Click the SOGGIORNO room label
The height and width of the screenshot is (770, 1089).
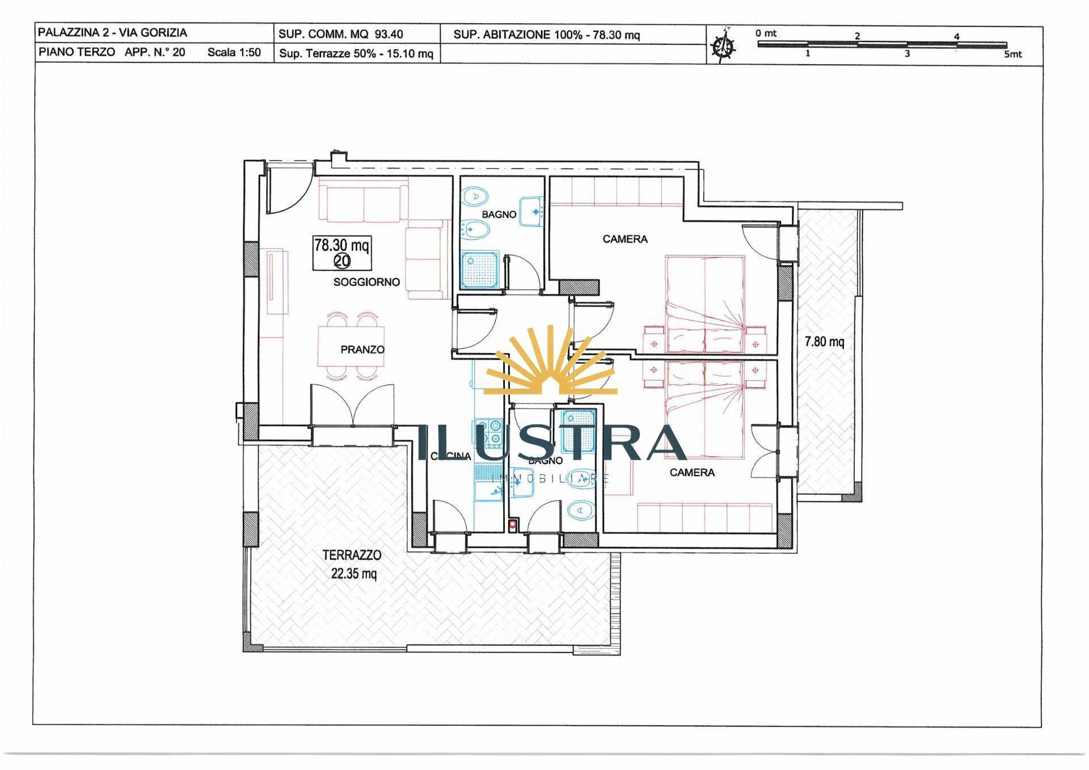pos(366,282)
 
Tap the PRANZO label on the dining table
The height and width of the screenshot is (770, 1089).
pos(362,350)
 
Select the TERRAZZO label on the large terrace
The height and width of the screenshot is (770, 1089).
pos(352,555)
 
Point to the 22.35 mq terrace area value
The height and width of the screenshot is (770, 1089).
pos(353,574)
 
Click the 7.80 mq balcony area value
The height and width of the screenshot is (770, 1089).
pos(824,342)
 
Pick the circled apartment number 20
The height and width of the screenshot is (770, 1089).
pos(342,260)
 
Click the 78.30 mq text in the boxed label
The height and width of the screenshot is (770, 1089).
pos(341,245)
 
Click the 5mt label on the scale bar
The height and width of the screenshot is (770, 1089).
pos(1012,54)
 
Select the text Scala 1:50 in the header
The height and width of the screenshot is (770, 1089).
pos(234,52)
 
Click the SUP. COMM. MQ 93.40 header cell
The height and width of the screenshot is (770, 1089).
pos(340,34)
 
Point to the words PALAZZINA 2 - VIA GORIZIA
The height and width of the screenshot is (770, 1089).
pos(112,32)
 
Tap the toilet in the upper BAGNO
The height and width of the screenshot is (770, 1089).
pos(475,197)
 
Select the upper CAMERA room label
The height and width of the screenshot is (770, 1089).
pos(624,239)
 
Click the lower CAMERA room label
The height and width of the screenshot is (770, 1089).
pos(692,472)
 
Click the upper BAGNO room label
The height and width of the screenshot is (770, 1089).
pos(499,214)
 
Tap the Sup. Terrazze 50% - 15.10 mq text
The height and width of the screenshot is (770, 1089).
pos(356,54)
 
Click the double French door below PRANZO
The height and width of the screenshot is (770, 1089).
pos(352,406)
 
